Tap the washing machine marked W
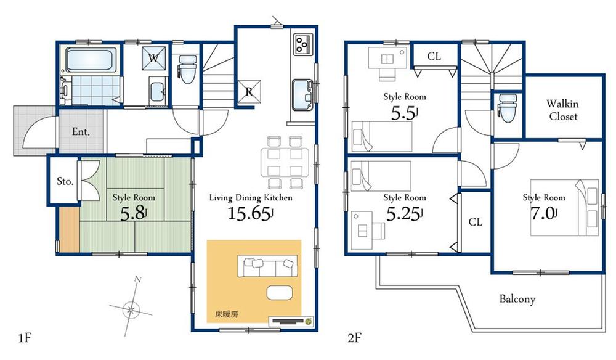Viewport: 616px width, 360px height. [x=154, y=59]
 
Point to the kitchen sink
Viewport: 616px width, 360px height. [x=302, y=94]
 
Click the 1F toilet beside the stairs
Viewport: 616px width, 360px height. [x=186, y=68]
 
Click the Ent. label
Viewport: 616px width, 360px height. [x=81, y=131]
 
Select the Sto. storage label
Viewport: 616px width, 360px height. [x=65, y=182]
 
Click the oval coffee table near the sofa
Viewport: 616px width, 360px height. [x=280, y=292]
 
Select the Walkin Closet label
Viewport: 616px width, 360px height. [x=563, y=110]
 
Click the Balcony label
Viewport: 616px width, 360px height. [x=517, y=300]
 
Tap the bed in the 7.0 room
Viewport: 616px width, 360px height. [x=565, y=207]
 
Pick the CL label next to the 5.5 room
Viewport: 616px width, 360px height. [x=434, y=57]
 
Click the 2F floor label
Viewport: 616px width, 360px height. [x=354, y=338]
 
